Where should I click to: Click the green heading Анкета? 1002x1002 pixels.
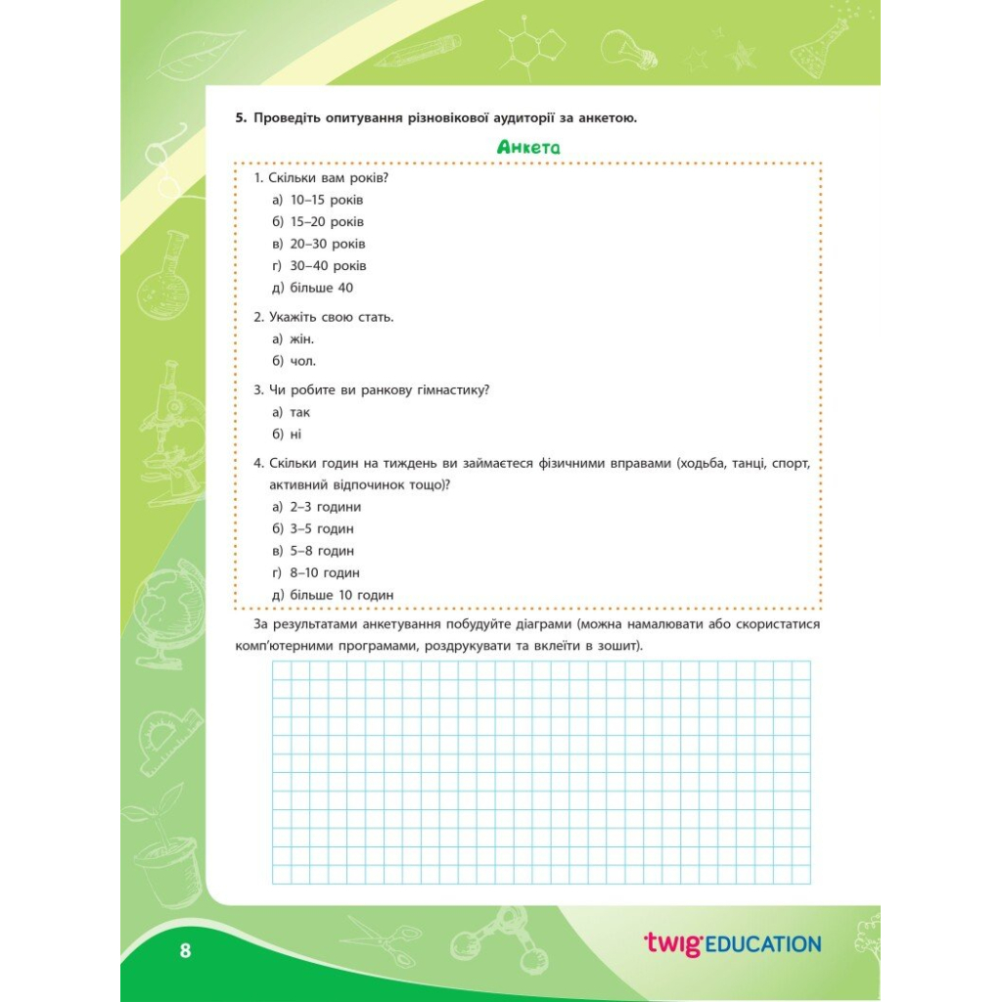527,148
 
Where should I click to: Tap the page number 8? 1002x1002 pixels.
185,950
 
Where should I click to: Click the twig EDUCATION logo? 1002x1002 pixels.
732,943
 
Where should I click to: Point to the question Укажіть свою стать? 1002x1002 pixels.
324,317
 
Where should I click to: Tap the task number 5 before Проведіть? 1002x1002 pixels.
239,118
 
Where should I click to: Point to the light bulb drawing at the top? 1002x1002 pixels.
625,48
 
